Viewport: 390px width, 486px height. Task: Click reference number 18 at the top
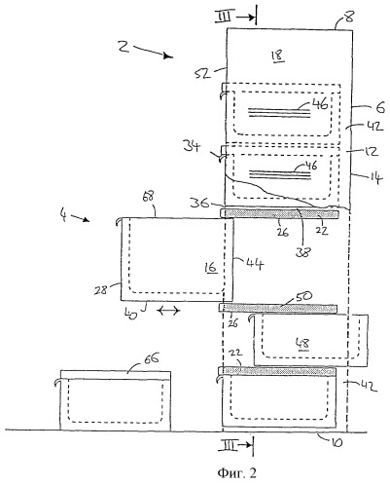278,56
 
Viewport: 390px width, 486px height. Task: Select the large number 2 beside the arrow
124,47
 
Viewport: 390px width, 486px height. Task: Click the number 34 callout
192,146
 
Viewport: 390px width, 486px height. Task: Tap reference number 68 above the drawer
148,198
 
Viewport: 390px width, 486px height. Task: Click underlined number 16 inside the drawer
211,268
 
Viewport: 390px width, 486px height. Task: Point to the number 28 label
100,289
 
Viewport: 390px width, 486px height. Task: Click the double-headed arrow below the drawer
168,311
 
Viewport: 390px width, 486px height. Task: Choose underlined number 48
302,344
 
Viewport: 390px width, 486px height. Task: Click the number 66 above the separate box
151,359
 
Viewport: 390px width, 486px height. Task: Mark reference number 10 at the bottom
336,443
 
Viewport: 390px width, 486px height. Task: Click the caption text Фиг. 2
236,473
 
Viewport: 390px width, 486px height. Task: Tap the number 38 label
302,251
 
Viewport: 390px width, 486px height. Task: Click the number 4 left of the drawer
64,215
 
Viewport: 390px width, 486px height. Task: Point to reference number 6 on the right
380,107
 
